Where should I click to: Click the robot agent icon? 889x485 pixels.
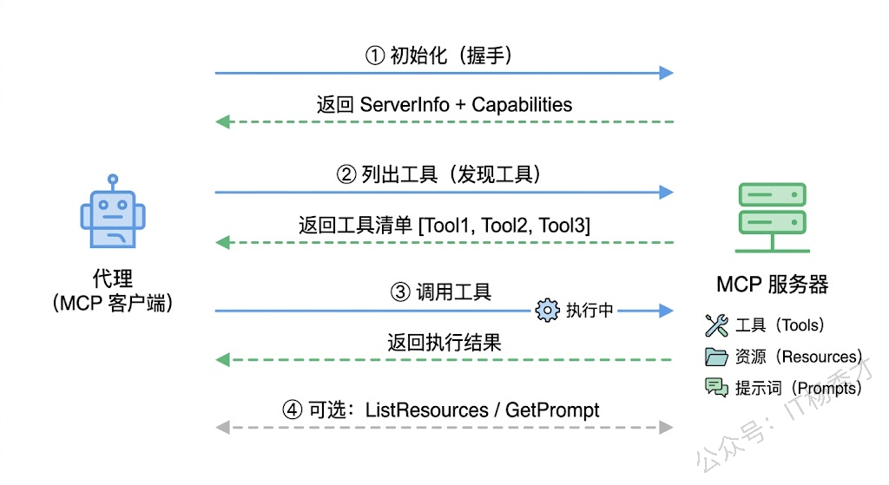tap(112, 214)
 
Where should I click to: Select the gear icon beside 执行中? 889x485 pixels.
tap(547, 311)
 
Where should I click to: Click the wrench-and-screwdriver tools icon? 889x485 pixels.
tap(716, 325)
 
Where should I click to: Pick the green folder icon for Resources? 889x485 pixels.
tap(716, 357)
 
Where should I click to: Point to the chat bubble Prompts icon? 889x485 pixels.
tap(716, 388)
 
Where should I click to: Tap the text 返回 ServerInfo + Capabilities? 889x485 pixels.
tap(444, 105)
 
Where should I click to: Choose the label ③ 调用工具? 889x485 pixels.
tap(442, 292)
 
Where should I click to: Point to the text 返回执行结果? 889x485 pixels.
tap(444, 342)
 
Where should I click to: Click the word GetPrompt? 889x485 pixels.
tap(553, 410)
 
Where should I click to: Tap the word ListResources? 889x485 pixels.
tap(426, 410)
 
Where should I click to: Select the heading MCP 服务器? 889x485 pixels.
tap(772, 284)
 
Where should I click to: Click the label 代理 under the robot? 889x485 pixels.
tap(112, 279)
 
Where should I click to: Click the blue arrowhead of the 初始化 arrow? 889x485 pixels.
tap(666, 73)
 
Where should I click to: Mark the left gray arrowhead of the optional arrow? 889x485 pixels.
tap(223, 427)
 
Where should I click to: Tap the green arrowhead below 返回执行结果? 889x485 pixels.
tap(223, 359)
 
